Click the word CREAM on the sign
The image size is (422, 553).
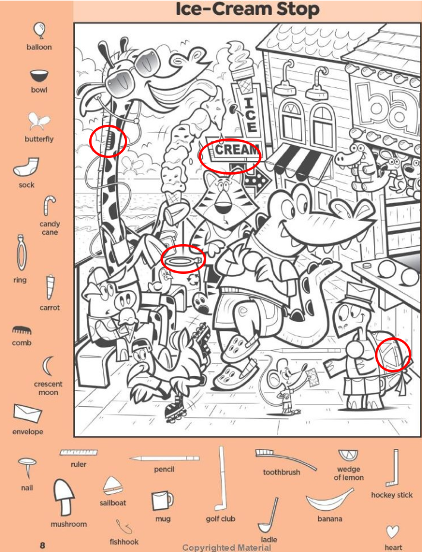click(237, 150)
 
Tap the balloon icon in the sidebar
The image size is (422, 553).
click(39, 31)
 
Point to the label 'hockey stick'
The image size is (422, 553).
click(392, 495)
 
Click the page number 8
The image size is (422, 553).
click(42, 545)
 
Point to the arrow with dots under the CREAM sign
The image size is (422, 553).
click(255, 180)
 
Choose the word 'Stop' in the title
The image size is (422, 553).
click(298, 10)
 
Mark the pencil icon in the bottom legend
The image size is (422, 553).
click(164, 458)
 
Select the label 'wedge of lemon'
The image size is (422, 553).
click(349, 473)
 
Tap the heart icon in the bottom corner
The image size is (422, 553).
click(392, 532)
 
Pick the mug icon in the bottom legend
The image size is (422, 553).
click(162, 501)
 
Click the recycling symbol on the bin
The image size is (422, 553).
click(193, 280)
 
